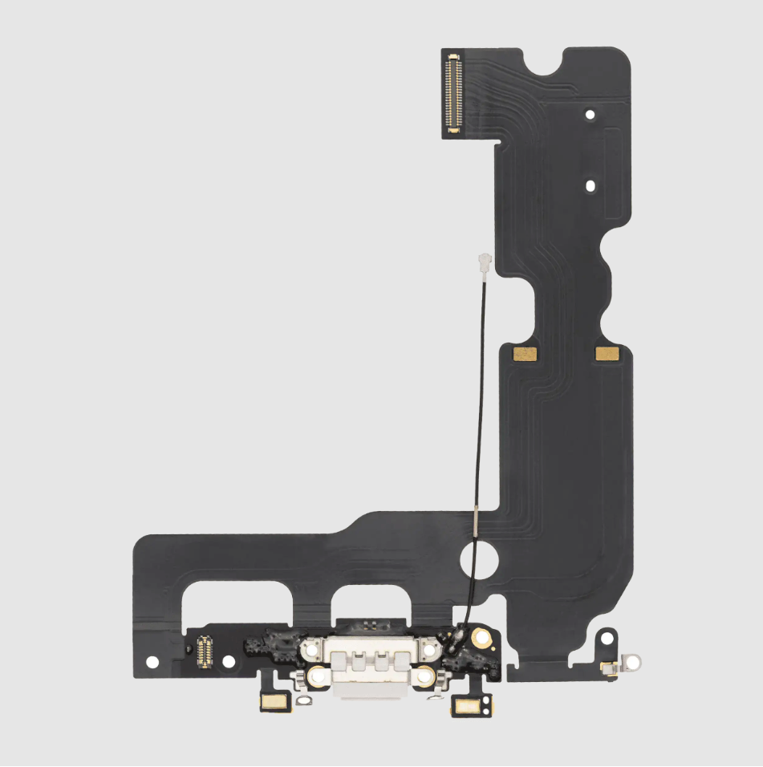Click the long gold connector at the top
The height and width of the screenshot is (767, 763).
pos(454,91)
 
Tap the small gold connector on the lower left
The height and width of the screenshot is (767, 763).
pos(201,650)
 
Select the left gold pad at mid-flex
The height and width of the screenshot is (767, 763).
pos(523,353)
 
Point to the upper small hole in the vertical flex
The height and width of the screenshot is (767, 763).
pos(590,115)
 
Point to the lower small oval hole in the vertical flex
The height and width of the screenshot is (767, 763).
pos(591,186)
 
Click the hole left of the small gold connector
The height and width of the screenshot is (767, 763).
pos(150,663)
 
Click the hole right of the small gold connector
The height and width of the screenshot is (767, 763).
pos(228,661)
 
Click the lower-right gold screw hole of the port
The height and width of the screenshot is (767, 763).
pos(422,678)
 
